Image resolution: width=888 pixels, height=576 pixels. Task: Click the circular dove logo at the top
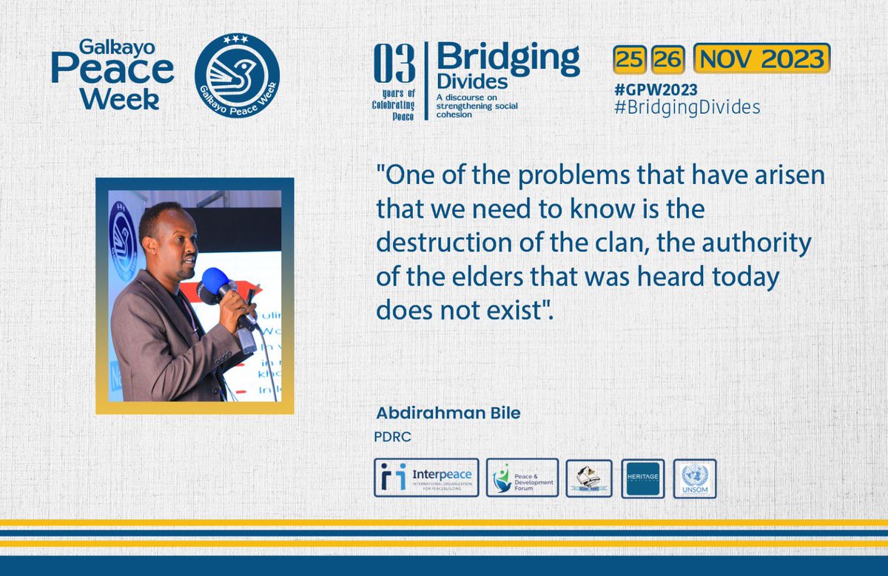click(x=237, y=75)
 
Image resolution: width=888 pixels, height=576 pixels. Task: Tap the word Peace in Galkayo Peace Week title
click(x=112, y=70)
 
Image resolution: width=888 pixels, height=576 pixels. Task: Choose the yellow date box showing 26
click(x=668, y=59)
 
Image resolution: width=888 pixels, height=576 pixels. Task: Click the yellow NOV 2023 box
click(x=761, y=58)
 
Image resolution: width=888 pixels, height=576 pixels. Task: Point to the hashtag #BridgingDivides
click(x=687, y=107)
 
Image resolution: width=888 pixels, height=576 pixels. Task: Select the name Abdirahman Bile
click(x=448, y=413)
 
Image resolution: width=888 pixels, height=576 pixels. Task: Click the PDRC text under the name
click(x=393, y=436)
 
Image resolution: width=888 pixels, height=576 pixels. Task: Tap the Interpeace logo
click(x=426, y=478)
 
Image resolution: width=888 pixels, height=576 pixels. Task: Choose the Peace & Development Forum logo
click(x=522, y=478)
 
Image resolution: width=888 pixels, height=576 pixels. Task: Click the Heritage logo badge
click(x=642, y=478)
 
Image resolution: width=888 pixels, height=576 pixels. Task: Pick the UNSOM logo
click(x=694, y=478)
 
